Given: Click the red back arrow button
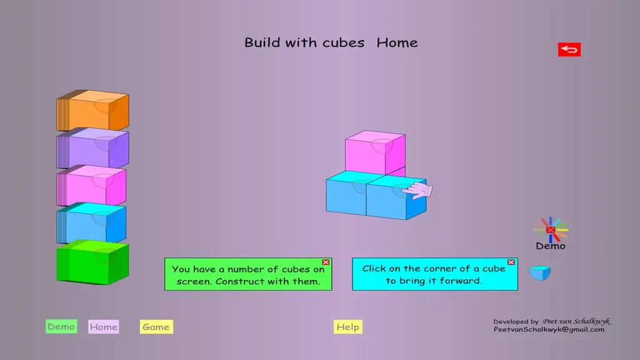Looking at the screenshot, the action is (x=569, y=49).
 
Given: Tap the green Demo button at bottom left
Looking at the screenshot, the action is (x=61, y=326).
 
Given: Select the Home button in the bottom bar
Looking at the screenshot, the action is (x=104, y=327).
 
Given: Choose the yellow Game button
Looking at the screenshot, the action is (x=156, y=327).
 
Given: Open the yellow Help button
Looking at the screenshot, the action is (x=347, y=327).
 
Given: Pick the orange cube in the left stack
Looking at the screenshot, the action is (x=92, y=110).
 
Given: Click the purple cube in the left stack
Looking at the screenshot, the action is (x=92, y=147).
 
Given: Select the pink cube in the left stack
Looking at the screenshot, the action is (x=91, y=185).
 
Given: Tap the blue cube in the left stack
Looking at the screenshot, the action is (x=91, y=223).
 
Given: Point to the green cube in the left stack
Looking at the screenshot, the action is (x=92, y=262).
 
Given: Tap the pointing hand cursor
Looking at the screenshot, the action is (x=417, y=190).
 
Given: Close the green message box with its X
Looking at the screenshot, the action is (x=326, y=262).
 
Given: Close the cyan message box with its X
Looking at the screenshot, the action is (x=511, y=262).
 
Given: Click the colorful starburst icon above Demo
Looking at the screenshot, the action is (x=551, y=230).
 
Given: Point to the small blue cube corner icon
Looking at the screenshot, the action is (x=539, y=273).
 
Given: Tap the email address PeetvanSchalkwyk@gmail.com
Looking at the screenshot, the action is (x=549, y=329).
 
